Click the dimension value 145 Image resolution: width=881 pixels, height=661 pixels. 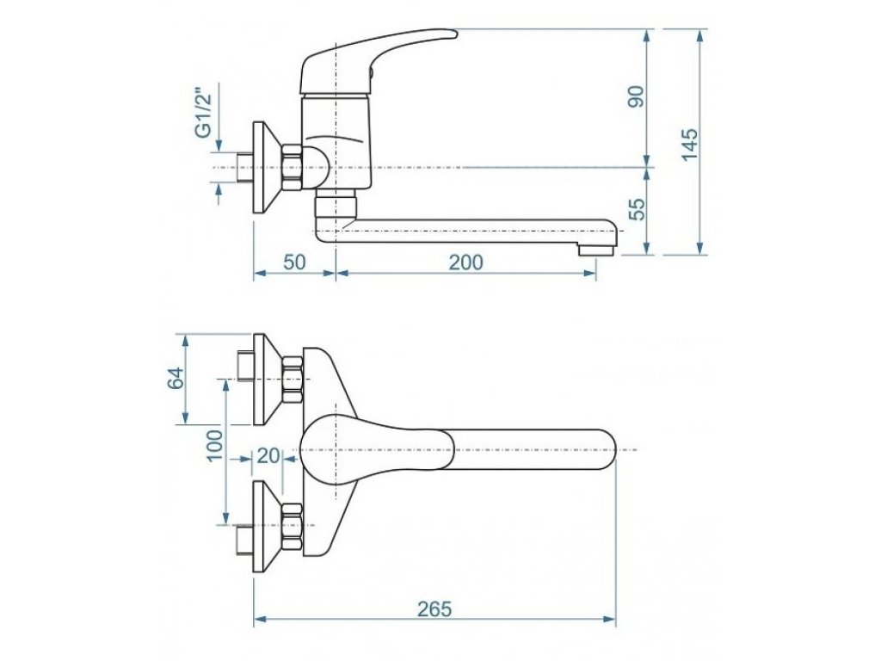coord(689,145)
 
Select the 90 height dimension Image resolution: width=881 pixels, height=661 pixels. coord(637,96)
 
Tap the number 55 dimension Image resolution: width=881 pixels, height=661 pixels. coord(637,209)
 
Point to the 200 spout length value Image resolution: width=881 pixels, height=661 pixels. coord(465,262)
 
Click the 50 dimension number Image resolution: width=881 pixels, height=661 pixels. coord(294,262)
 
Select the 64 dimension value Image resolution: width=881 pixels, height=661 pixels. coord(176,378)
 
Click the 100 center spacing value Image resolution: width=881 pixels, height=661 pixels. coord(215,446)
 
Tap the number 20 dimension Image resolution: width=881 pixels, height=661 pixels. coord(268,455)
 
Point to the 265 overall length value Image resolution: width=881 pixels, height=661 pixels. coord(434,608)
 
